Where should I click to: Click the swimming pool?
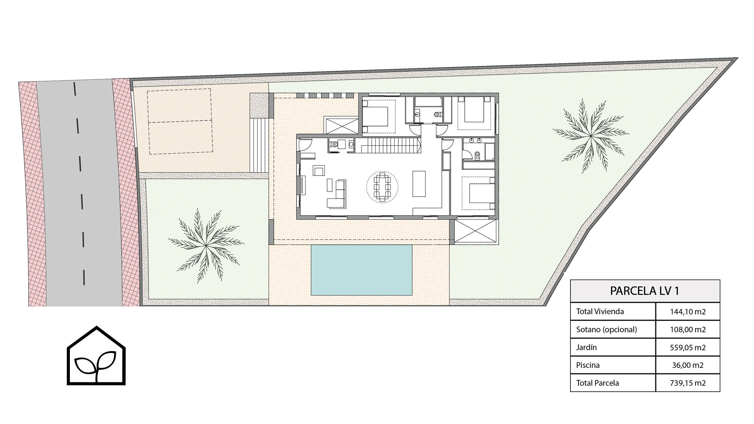pyautogui.click(x=361, y=270)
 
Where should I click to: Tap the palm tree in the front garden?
pyautogui.click(x=205, y=245)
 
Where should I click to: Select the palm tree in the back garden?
pyautogui.click(x=590, y=136)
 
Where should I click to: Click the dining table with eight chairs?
pyautogui.click(x=382, y=187)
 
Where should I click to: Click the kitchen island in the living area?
pyautogui.click(x=419, y=183)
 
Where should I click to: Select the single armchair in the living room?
pyautogui.click(x=319, y=171)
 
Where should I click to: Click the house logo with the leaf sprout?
pyautogui.click(x=96, y=355)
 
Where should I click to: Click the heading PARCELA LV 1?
pyautogui.click(x=644, y=291)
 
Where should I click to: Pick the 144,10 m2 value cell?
pyautogui.click(x=688, y=312)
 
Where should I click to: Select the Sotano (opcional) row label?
pyautogui.click(x=606, y=329)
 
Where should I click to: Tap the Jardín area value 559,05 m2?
pyautogui.click(x=688, y=347)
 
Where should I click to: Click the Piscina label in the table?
pyautogui.click(x=588, y=365)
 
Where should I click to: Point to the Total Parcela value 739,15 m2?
pyautogui.click(x=688, y=383)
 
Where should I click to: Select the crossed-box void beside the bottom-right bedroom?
pyautogui.click(x=476, y=232)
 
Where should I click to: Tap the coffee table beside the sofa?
pyautogui.click(x=329, y=185)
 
